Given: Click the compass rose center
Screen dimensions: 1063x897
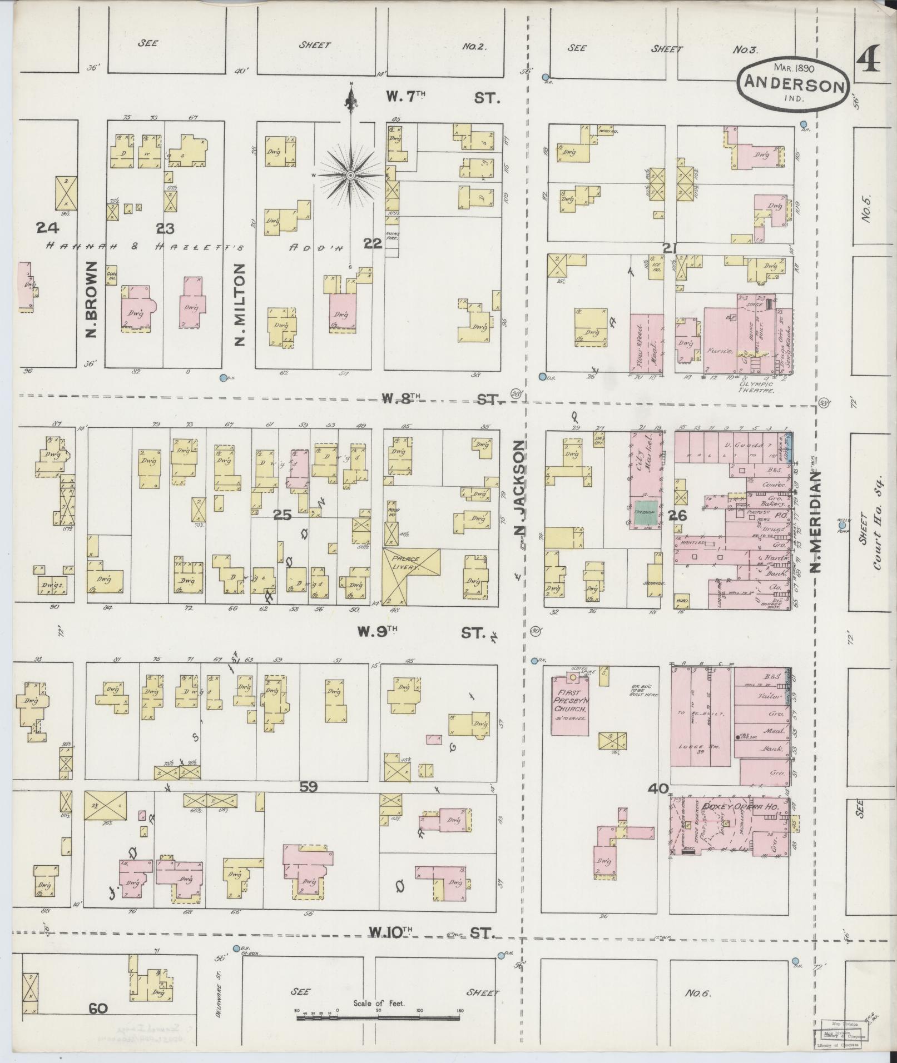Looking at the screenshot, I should coord(350,176).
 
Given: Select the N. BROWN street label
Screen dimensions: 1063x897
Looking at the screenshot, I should coord(91,300).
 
